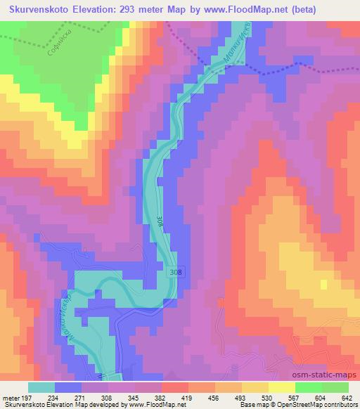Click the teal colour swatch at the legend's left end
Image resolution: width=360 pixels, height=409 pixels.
tap(41, 387)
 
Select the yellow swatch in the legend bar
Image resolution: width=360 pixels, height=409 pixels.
tap(281, 387)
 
